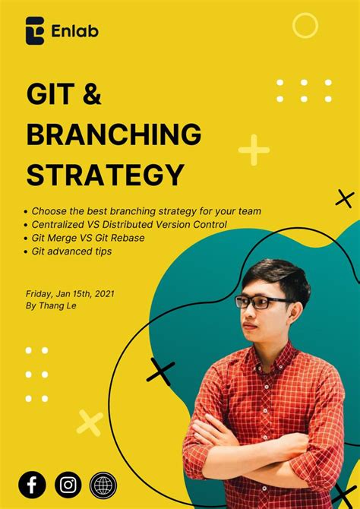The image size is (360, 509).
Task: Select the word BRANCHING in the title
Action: coord(114,135)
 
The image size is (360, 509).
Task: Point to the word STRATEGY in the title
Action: coord(105,174)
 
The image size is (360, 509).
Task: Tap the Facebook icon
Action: coord(33,483)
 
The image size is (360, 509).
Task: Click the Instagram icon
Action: coord(68,483)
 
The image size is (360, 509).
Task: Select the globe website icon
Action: coord(103,483)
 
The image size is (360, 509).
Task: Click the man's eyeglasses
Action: coord(262,302)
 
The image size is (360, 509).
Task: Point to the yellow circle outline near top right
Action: coord(305,26)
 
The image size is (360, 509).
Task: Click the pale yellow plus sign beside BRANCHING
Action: coord(254,150)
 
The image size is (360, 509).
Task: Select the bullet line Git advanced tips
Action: coord(72,251)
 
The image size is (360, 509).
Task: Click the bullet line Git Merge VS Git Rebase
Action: coord(88,238)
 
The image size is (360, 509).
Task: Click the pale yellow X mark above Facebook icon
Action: coord(90,423)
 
